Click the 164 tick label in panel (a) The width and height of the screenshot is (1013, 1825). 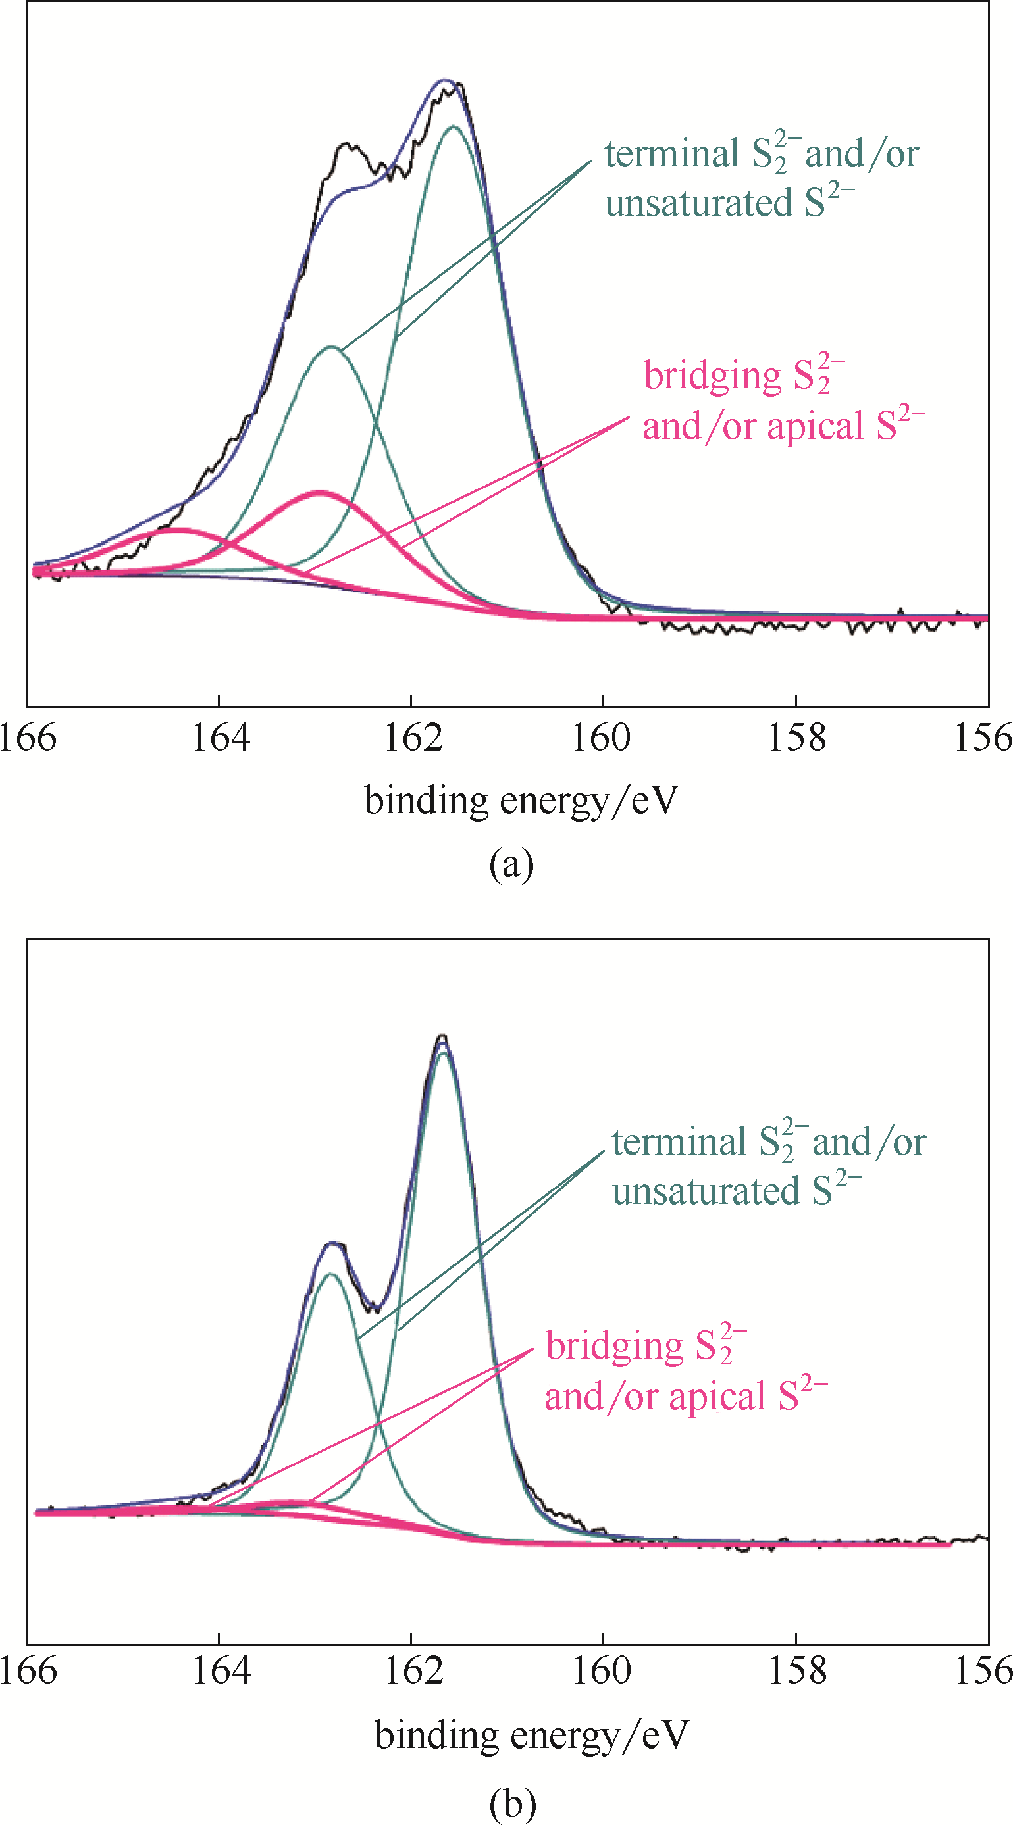(221, 738)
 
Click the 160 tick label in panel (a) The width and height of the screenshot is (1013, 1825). (601, 738)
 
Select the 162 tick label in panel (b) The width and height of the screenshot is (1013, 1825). (413, 1670)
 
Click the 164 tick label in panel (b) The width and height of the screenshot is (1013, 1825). (221, 1670)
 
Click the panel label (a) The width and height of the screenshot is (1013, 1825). (511, 864)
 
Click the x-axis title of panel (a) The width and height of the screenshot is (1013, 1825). (521, 801)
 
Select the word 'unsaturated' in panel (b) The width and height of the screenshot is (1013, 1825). (706, 1191)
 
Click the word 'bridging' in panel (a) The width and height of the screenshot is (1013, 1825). (712, 376)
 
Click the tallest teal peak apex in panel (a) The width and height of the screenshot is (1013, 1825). (454, 127)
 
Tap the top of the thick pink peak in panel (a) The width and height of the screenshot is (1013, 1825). (321, 491)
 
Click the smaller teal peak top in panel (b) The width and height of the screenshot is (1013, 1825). (330, 1274)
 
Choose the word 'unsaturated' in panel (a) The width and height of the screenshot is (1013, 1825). (698, 204)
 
